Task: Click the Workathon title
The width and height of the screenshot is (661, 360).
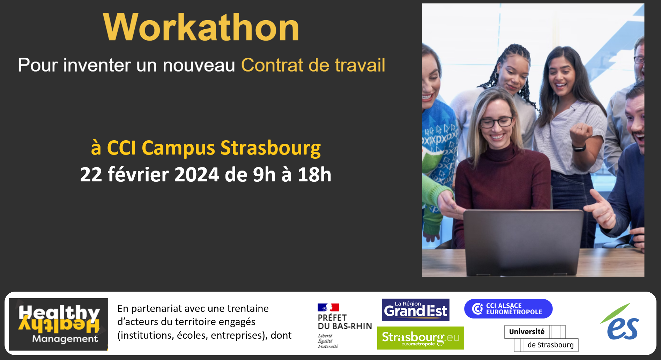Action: pyautogui.click(x=201, y=28)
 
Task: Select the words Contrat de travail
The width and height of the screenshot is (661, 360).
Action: pyautogui.click(x=313, y=65)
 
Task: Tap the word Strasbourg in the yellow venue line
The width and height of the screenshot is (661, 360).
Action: pyautogui.click(x=270, y=148)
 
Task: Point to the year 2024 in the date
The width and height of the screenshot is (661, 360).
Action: pyautogui.click(x=196, y=174)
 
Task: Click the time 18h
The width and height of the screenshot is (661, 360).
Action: pyautogui.click(x=314, y=174)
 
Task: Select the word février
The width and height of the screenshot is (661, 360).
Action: pyautogui.click(x=138, y=174)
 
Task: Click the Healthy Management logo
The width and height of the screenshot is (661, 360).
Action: pyautogui.click(x=59, y=324)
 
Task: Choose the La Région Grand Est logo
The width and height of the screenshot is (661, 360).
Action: pyautogui.click(x=415, y=310)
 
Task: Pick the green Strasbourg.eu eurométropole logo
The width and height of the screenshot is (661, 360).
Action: pyautogui.click(x=421, y=338)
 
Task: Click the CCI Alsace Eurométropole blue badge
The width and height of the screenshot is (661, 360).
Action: pyautogui.click(x=508, y=309)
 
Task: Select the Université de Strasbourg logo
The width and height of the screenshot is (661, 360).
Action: pyautogui.click(x=541, y=338)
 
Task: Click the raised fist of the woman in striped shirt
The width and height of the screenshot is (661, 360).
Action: pyautogui.click(x=581, y=134)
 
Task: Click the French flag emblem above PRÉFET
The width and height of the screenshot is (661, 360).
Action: pyautogui.click(x=328, y=307)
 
